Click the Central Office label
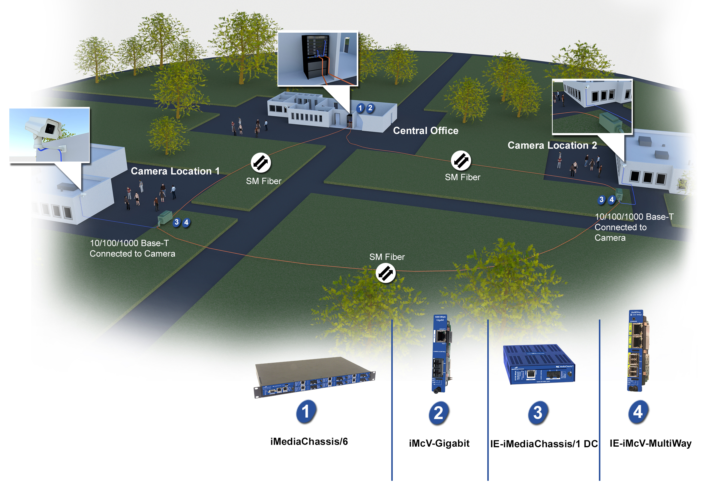pyautogui.click(x=425, y=131)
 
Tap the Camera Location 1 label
pyautogui.click(x=175, y=171)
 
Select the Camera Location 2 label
pyautogui.click(x=552, y=145)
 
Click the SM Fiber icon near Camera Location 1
pyautogui.click(x=260, y=162)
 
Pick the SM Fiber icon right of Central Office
pyautogui.click(x=461, y=161)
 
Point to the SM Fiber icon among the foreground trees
pyautogui.click(x=386, y=273)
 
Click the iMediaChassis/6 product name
pyautogui.click(x=309, y=442)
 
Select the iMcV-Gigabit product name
pyautogui.click(x=439, y=443)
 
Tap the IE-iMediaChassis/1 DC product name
pyautogui.click(x=544, y=444)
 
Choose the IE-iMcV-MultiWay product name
pyautogui.click(x=650, y=443)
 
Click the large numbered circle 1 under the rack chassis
pyautogui.click(x=306, y=412)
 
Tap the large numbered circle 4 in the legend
pyautogui.click(x=638, y=412)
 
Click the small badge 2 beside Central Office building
pyautogui.click(x=370, y=108)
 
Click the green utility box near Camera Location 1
pyautogui.click(x=165, y=218)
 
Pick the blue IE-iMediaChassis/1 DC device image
pyautogui.click(x=539, y=364)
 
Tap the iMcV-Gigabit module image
pyautogui.click(x=440, y=353)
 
